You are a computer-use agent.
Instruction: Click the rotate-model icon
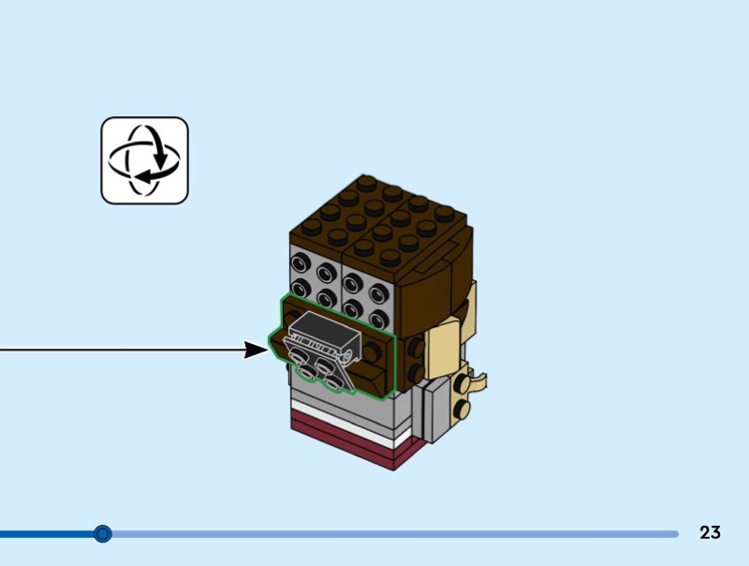point(144,160)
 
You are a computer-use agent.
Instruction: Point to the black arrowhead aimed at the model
point(255,350)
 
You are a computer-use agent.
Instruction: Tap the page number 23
point(710,533)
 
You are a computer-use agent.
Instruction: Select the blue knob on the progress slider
point(103,534)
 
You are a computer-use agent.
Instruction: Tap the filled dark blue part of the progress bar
point(47,534)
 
